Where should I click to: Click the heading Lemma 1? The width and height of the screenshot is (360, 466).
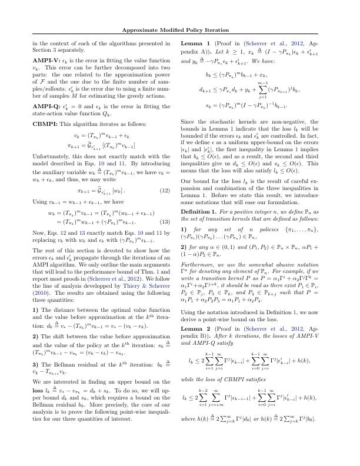tap(195, 43)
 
